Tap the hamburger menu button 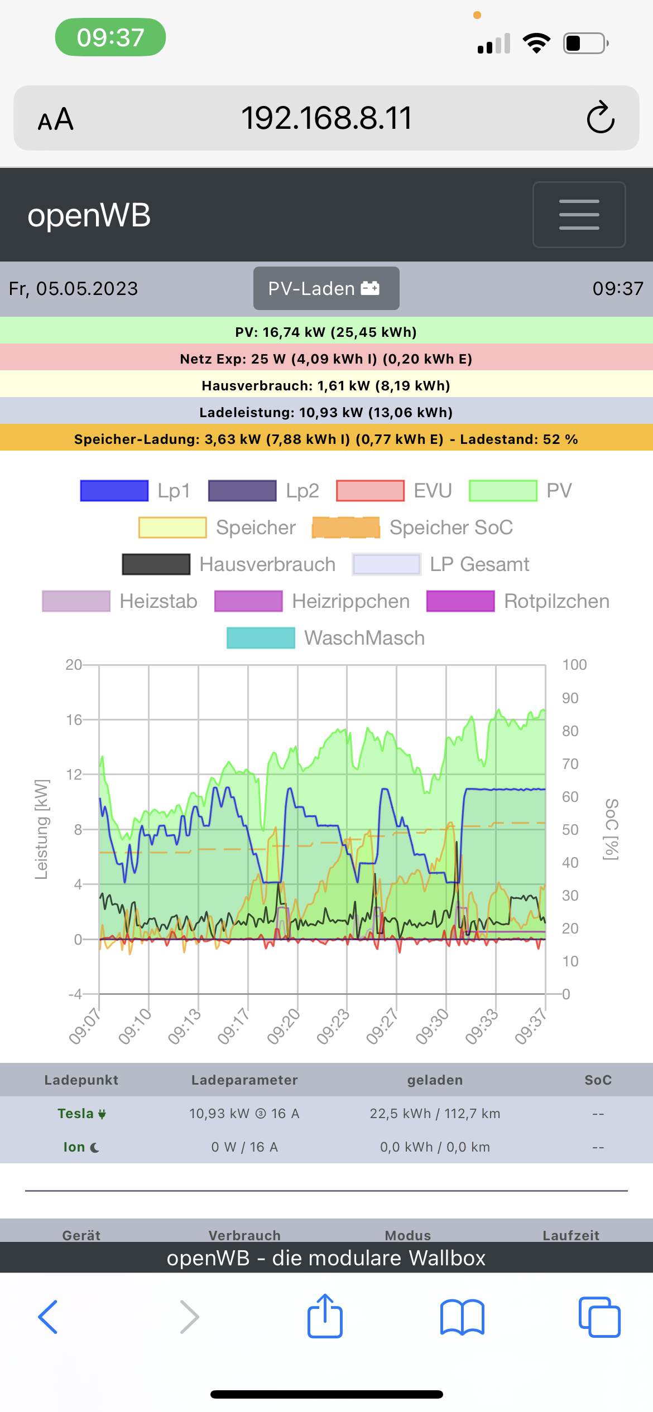coord(579,215)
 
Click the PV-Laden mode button coord(326,288)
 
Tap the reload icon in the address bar coord(601,118)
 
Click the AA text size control coord(56,119)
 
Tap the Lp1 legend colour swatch coord(114,491)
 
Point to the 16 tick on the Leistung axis coord(74,720)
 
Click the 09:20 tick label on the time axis coord(284,1027)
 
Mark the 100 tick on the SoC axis coord(574,665)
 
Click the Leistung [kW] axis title coord(41,829)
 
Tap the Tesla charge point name coord(76,1114)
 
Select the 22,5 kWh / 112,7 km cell coord(435,1114)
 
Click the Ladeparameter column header coord(244,1080)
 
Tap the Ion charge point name coord(74,1147)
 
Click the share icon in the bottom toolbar coord(325,1317)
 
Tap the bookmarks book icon coord(462,1317)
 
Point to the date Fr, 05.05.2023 coord(74,288)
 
